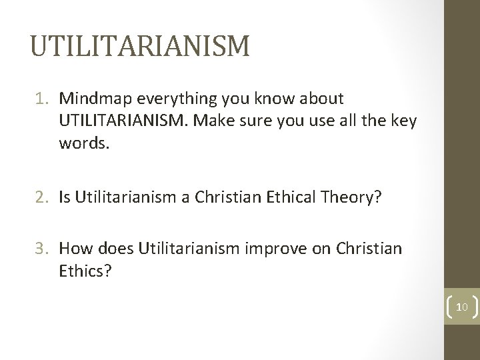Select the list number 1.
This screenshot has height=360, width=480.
[45, 99]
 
